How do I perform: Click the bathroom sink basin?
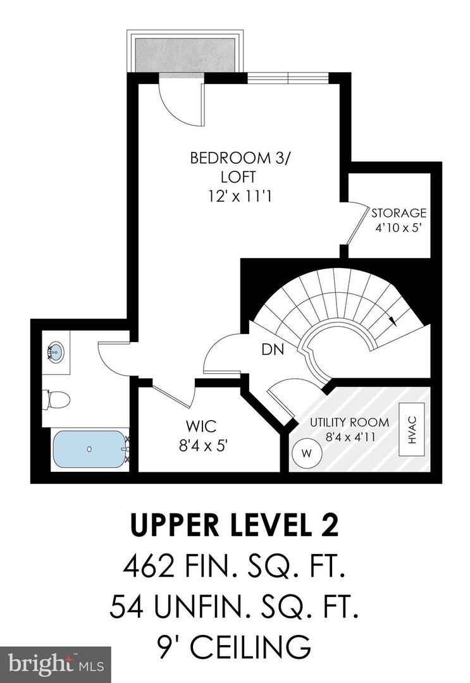coord(56,352)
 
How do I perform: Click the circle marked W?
coord(307,453)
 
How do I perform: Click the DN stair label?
coord(273,349)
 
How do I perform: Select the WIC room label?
coord(201,426)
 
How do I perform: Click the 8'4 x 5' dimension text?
coord(204,445)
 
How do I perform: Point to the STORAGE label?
coord(399,213)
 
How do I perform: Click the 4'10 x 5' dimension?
coord(399,228)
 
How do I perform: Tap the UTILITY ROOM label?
coord(349,422)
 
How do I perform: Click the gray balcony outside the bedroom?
coord(185,55)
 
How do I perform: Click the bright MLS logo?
coord(55,665)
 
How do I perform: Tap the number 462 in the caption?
coord(147,567)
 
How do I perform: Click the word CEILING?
coord(250,648)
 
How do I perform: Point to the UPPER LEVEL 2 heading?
coord(234,526)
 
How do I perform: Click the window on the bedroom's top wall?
coord(288,78)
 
